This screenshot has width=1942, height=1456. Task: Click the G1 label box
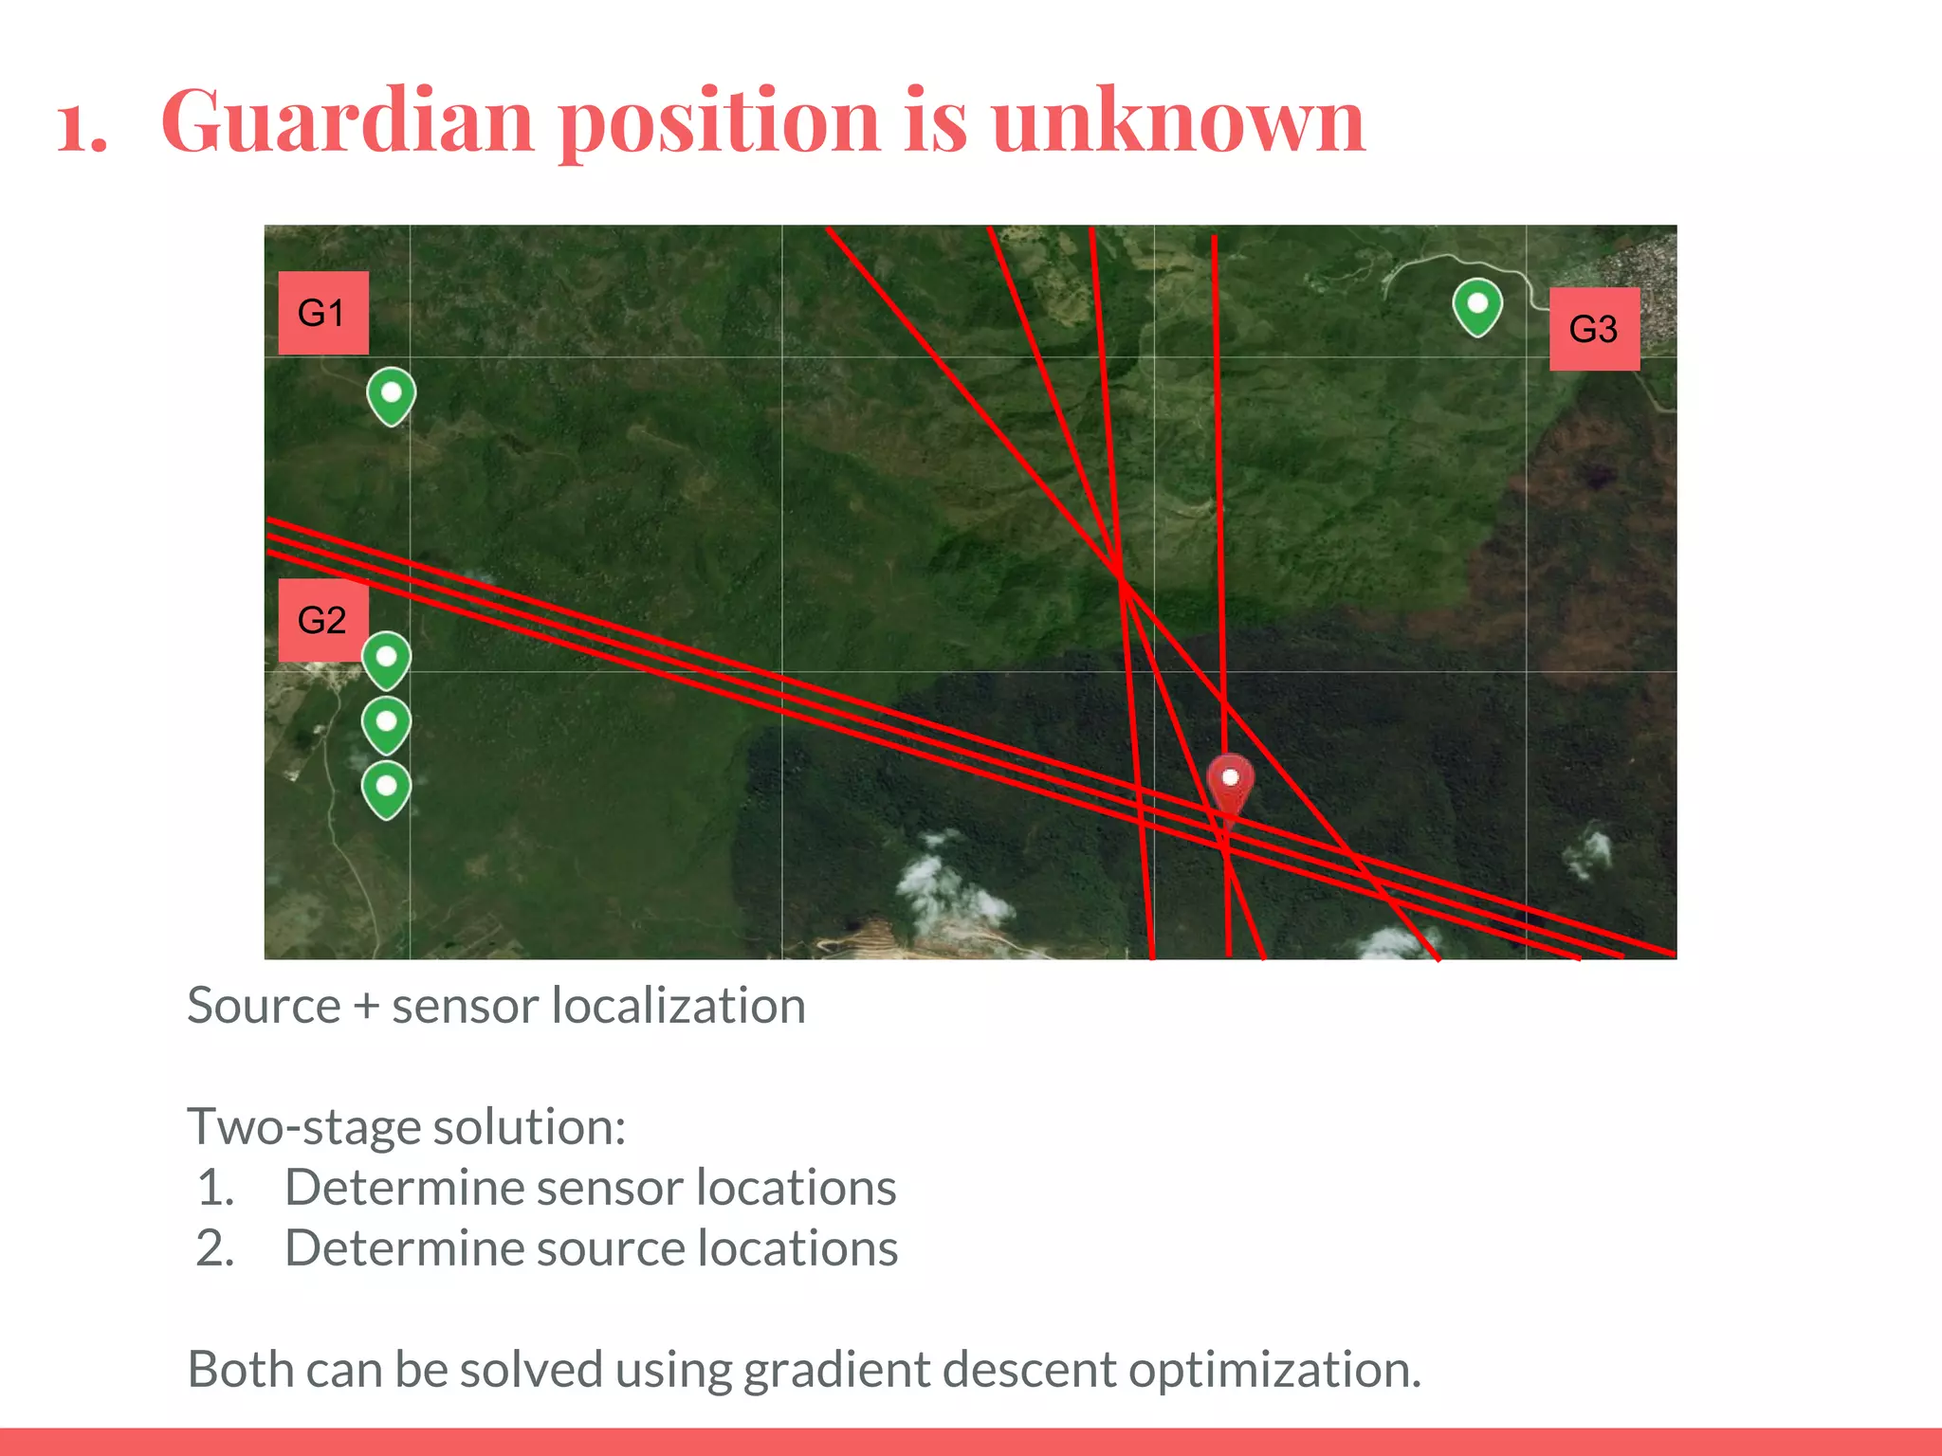point(322,313)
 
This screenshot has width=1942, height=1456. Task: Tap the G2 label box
point(322,620)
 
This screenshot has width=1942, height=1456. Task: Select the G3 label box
point(1593,329)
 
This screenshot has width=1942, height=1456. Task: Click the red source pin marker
point(1230,783)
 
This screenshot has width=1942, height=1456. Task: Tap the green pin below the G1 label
point(391,395)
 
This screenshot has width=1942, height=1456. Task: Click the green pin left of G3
point(1476,306)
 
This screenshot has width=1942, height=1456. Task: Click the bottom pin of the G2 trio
point(386,789)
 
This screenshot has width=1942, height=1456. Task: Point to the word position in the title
point(720,123)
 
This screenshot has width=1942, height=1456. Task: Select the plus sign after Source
point(366,1007)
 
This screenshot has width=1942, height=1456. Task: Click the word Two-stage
point(303,1128)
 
